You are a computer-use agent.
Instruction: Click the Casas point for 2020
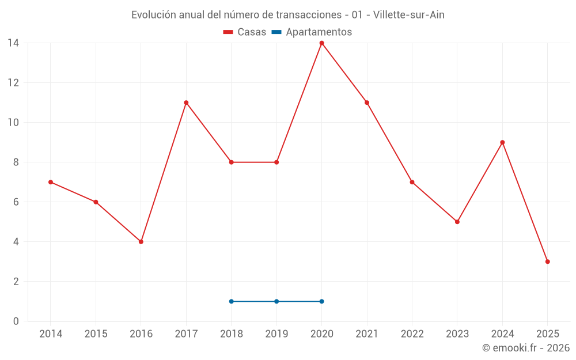coord(321,43)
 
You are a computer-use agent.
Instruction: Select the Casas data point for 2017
coord(186,103)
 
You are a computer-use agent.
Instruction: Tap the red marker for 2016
coord(141,242)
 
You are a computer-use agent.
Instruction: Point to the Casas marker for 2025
coord(548,262)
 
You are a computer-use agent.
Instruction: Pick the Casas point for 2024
coord(502,142)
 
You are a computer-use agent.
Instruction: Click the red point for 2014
coord(51,182)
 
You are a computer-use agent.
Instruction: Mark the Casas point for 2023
coord(457,222)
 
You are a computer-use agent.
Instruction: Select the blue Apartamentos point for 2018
coord(232,301)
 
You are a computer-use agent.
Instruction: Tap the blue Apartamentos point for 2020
coord(321,301)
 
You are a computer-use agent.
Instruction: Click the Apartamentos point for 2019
coord(276,301)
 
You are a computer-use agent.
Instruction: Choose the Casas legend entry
coord(245,32)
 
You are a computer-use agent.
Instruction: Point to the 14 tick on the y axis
coord(13,43)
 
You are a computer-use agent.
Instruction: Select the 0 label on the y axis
coord(16,321)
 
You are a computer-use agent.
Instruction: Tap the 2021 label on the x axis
coord(367,334)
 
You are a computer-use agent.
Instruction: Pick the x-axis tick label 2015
coord(96,334)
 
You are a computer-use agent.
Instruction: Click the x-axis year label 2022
coord(412,334)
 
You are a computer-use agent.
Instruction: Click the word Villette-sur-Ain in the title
coord(408,15)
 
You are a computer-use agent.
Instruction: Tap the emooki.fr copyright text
coord(526,348)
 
